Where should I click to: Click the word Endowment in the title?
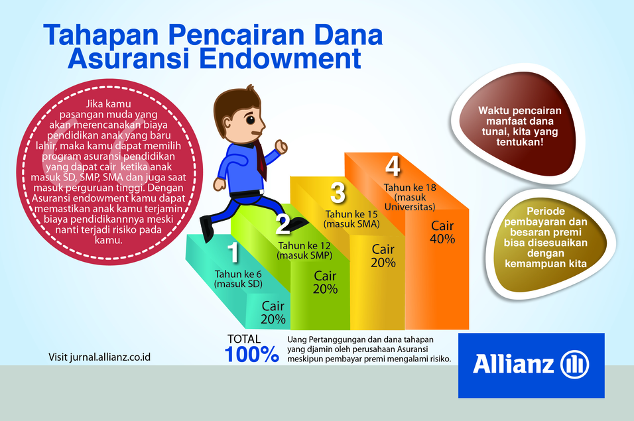pyautogui.click(x=280, y=58)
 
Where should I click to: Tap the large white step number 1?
pyautogui.click(x=233, y=252)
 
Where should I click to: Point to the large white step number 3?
pyautogui.click(x=338, y=192)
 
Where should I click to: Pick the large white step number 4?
pyautogui.click(x=393, y=166)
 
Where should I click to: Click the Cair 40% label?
pyautogui.click(x=442, y=232)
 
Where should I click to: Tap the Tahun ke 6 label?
pyautogui.click(x=238, y=274)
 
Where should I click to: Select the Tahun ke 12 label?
pyautogui.click(x=304, y=246)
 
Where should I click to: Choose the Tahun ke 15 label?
pyautogui.click(x=351, y=214)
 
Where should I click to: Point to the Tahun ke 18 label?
pyautogui.click(x=410, y=188)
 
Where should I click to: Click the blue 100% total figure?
pyautogui.click(x=251, y=354)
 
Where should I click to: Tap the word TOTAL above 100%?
pyautogui.click(x=244, y=339)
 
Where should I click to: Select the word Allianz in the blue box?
pyautogui.click(x=513, y=363)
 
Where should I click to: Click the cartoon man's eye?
pyautogui.click(x=250, y=120)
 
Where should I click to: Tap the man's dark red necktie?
pyautogui.click(x=261, y=160)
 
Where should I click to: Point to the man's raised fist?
pyautogui.click(x=281, y=147)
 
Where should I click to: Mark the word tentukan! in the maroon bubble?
pyautogui.click(x=520, y=143)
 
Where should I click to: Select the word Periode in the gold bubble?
pyautogui.click(x=545, y=211)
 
